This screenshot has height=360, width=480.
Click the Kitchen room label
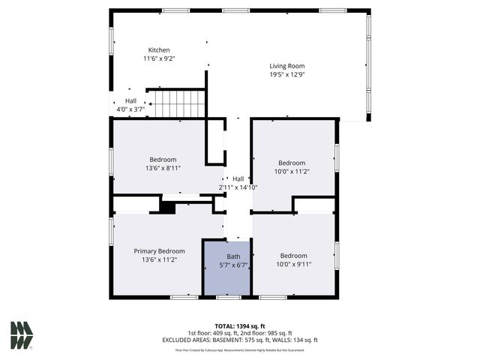158,50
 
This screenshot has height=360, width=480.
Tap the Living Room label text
287,66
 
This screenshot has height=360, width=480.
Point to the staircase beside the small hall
175,103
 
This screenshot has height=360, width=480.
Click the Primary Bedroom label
159,251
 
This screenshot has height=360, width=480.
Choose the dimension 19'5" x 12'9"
287,74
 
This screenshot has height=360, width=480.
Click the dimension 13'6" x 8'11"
163,168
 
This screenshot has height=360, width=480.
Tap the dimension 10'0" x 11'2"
292,172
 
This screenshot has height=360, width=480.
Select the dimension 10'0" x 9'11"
293,264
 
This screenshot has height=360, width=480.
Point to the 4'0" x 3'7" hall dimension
130,109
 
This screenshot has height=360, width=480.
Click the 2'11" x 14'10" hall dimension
238,187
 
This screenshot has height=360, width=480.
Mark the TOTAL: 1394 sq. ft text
240,326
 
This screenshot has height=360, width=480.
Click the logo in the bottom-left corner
22,334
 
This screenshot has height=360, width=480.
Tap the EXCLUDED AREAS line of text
241,340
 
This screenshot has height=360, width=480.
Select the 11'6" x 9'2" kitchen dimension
158,58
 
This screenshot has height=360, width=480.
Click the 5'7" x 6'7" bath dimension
233,264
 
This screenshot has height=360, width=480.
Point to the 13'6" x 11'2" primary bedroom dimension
159,259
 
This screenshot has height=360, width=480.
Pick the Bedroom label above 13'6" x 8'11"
163,159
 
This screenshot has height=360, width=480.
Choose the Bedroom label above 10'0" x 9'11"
293,256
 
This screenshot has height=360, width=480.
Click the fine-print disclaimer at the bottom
240,349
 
